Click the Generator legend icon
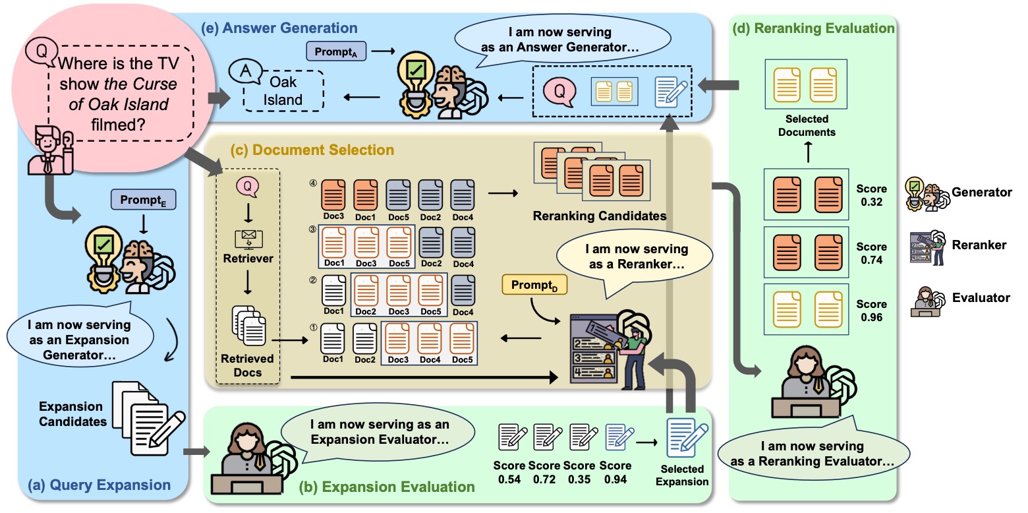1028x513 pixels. pos(925,193)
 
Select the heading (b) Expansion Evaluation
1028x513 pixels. pos(386,487)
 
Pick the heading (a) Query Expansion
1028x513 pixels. pos(99,486)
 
